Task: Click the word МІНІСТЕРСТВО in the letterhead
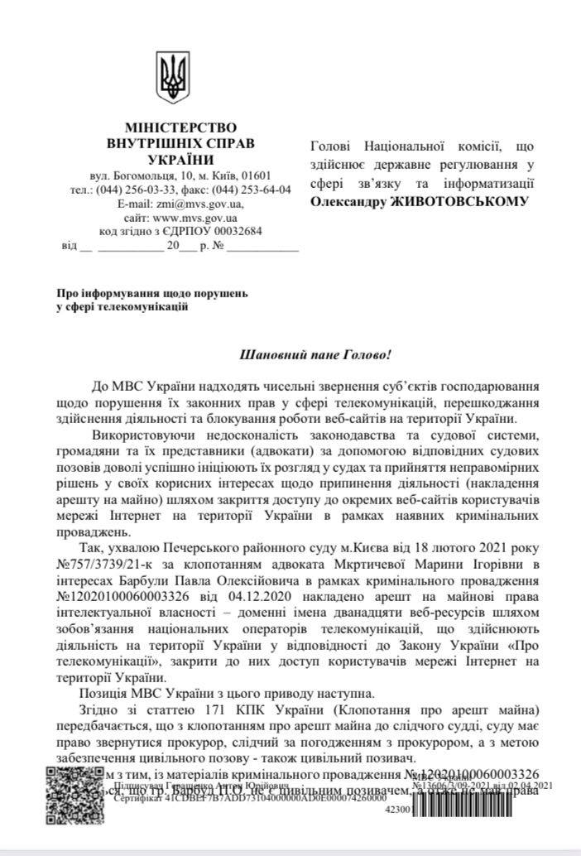coord(180,128)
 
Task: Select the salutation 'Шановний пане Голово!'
coord(314,353)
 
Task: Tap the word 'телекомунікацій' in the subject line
coord(148,307)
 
